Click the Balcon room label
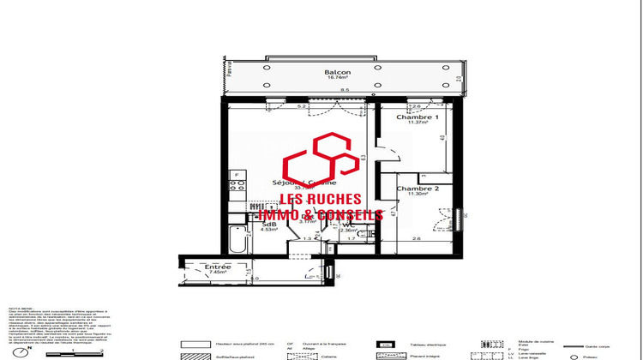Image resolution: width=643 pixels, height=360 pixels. (335, 72)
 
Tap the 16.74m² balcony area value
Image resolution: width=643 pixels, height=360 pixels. (335, 79)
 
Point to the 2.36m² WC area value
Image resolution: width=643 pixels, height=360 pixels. (349, 230)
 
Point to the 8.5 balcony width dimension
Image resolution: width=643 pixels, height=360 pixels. (344, 89)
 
